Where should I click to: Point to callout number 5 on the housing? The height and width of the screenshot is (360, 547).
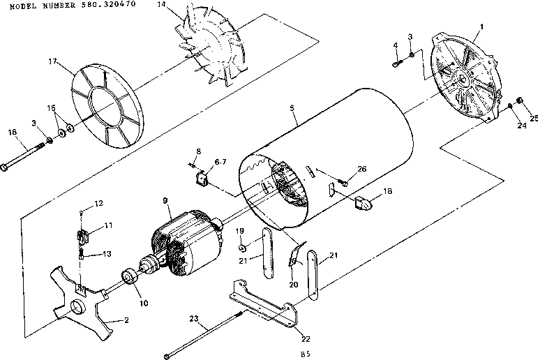292,109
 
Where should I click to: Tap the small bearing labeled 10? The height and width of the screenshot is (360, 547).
129,276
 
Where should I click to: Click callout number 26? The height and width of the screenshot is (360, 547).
361,168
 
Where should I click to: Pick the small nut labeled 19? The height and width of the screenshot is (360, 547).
241,248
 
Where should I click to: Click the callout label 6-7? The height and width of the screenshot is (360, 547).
220,161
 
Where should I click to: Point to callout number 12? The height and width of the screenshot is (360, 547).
98,203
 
